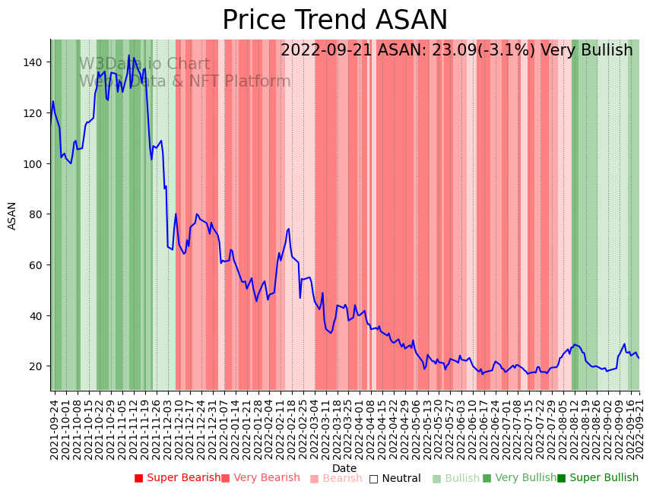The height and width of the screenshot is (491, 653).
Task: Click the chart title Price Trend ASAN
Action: point(334,21)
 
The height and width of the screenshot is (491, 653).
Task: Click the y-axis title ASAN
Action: point(12,215)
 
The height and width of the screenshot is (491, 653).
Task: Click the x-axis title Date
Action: point(344,468)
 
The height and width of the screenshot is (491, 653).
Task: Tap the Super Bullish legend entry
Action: point(598,478)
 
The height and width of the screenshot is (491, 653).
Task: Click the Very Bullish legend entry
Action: point(519,478)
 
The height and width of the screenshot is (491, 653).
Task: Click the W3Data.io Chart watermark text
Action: point(144,64)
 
